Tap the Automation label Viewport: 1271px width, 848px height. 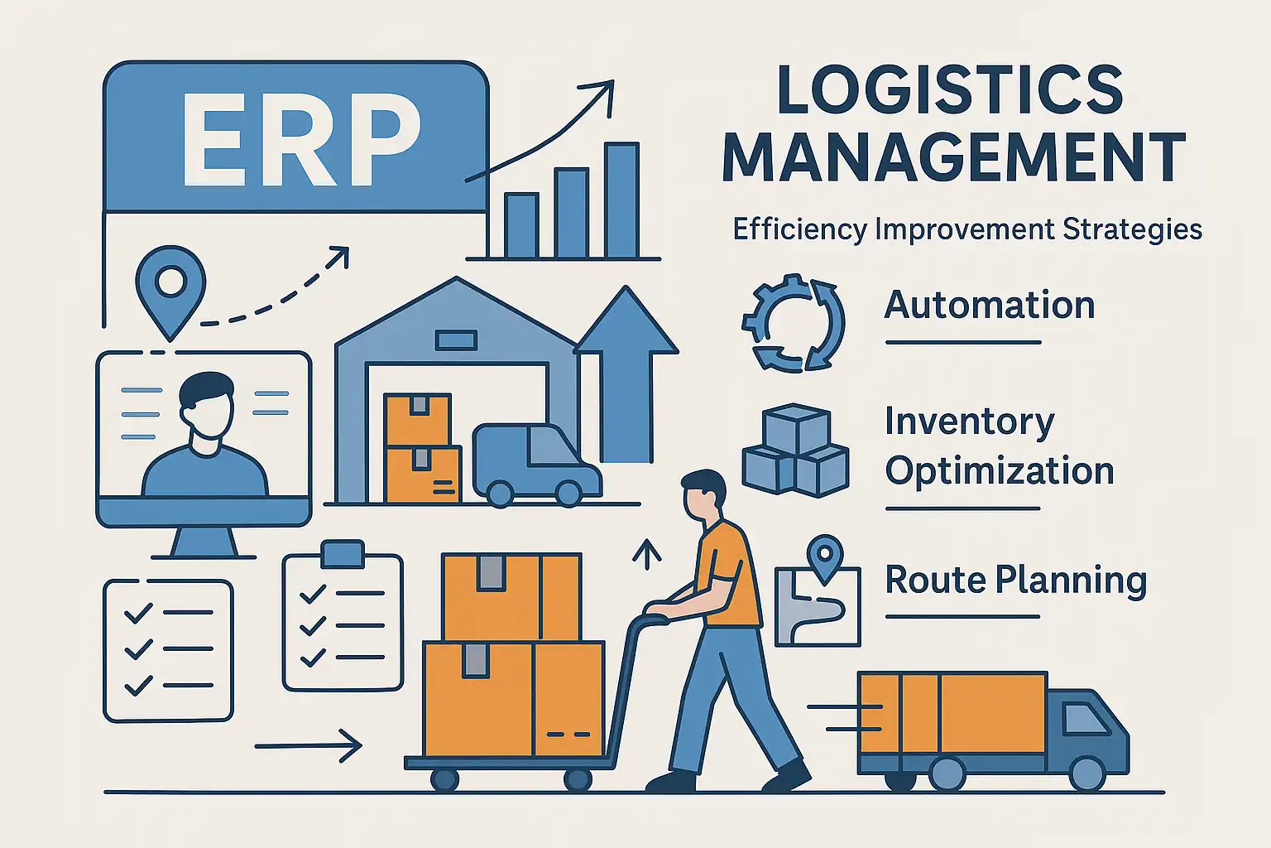pos(990,306)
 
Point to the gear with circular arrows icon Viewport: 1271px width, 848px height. pos(793,323)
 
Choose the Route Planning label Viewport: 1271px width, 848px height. pos(1016,581)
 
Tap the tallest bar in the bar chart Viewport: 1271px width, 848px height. pos(621,200)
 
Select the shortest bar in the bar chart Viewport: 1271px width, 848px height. pos(521,225)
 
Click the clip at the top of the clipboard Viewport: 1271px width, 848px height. pos(342,553)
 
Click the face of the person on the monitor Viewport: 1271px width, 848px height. pos(206,412)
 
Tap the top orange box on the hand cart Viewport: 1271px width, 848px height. pos(511,596)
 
